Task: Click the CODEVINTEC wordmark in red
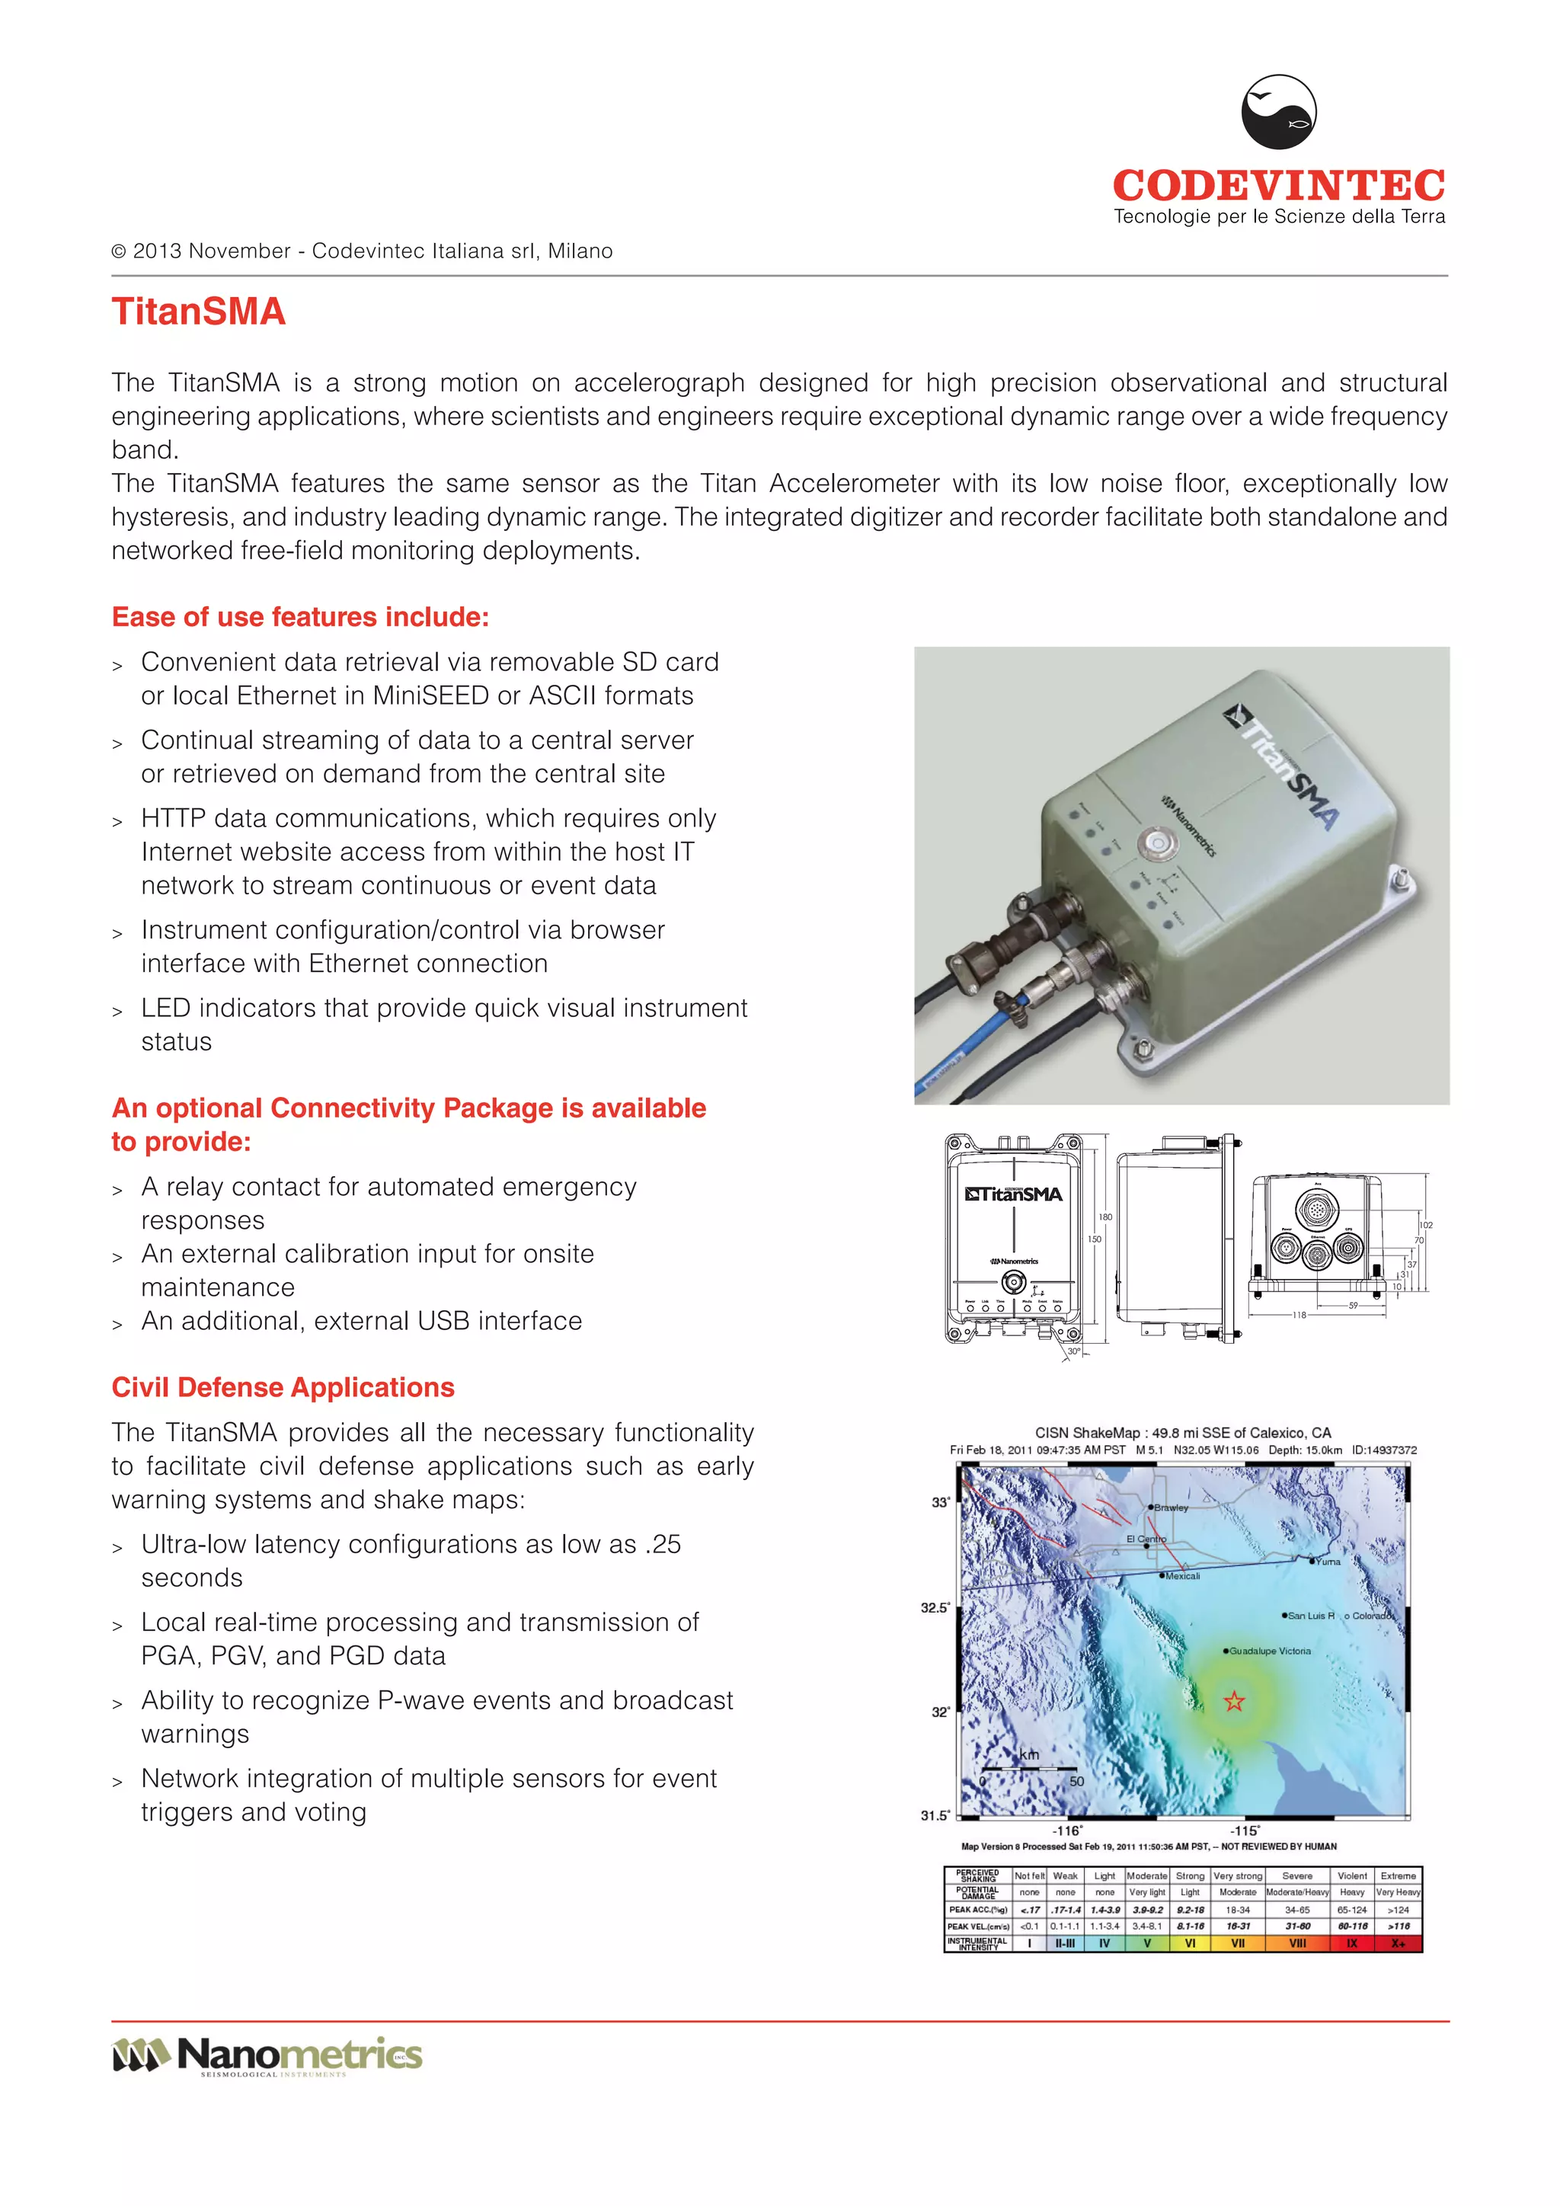click(x=1279, y=185)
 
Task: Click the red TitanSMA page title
click(x=199, y=312)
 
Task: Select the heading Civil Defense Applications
click(x=283, y=1387)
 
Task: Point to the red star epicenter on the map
click(x=1234, y=1702)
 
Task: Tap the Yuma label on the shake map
click(x=1328, y=1562)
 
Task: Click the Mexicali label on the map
click(x=1182, y=1576)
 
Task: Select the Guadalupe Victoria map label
click(x=1270, y=1651)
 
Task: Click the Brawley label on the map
click(x=1171, y=1507)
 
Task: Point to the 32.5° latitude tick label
click(x=935, y=1607)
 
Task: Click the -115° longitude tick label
click(x=1246, y=1831)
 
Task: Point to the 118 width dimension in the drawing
click(x=1299, y=1314)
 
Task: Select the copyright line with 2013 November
click(x=362, y=251)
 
